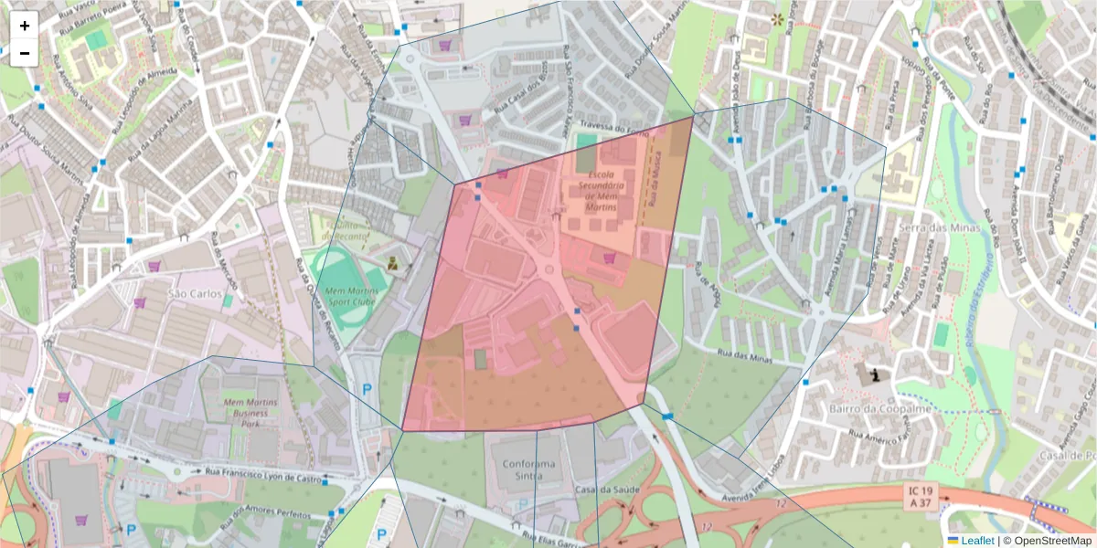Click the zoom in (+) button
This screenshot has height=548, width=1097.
click(25, 26)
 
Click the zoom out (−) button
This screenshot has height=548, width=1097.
click(25, 53)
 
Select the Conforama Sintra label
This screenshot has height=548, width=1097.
click(528, 469)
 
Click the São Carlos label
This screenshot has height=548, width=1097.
click(195, 293)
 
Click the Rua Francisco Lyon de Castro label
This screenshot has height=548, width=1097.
click(265, 473)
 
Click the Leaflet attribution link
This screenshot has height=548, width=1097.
click(976, 541)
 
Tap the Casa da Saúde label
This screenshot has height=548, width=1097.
click(598, 490)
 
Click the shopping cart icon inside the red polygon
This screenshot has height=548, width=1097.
click(609, 258)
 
